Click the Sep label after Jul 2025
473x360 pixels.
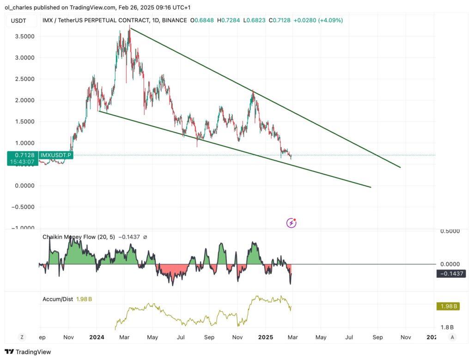pos(378,337)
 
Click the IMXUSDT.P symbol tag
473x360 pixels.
pos(56,155)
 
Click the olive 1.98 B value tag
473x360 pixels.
pos(449,306)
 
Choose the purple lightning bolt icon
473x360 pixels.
pos(291,223)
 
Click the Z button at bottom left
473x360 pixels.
pos(21,337)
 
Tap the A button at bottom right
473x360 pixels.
pos(453,337)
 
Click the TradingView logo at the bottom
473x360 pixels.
pos(28,352)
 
